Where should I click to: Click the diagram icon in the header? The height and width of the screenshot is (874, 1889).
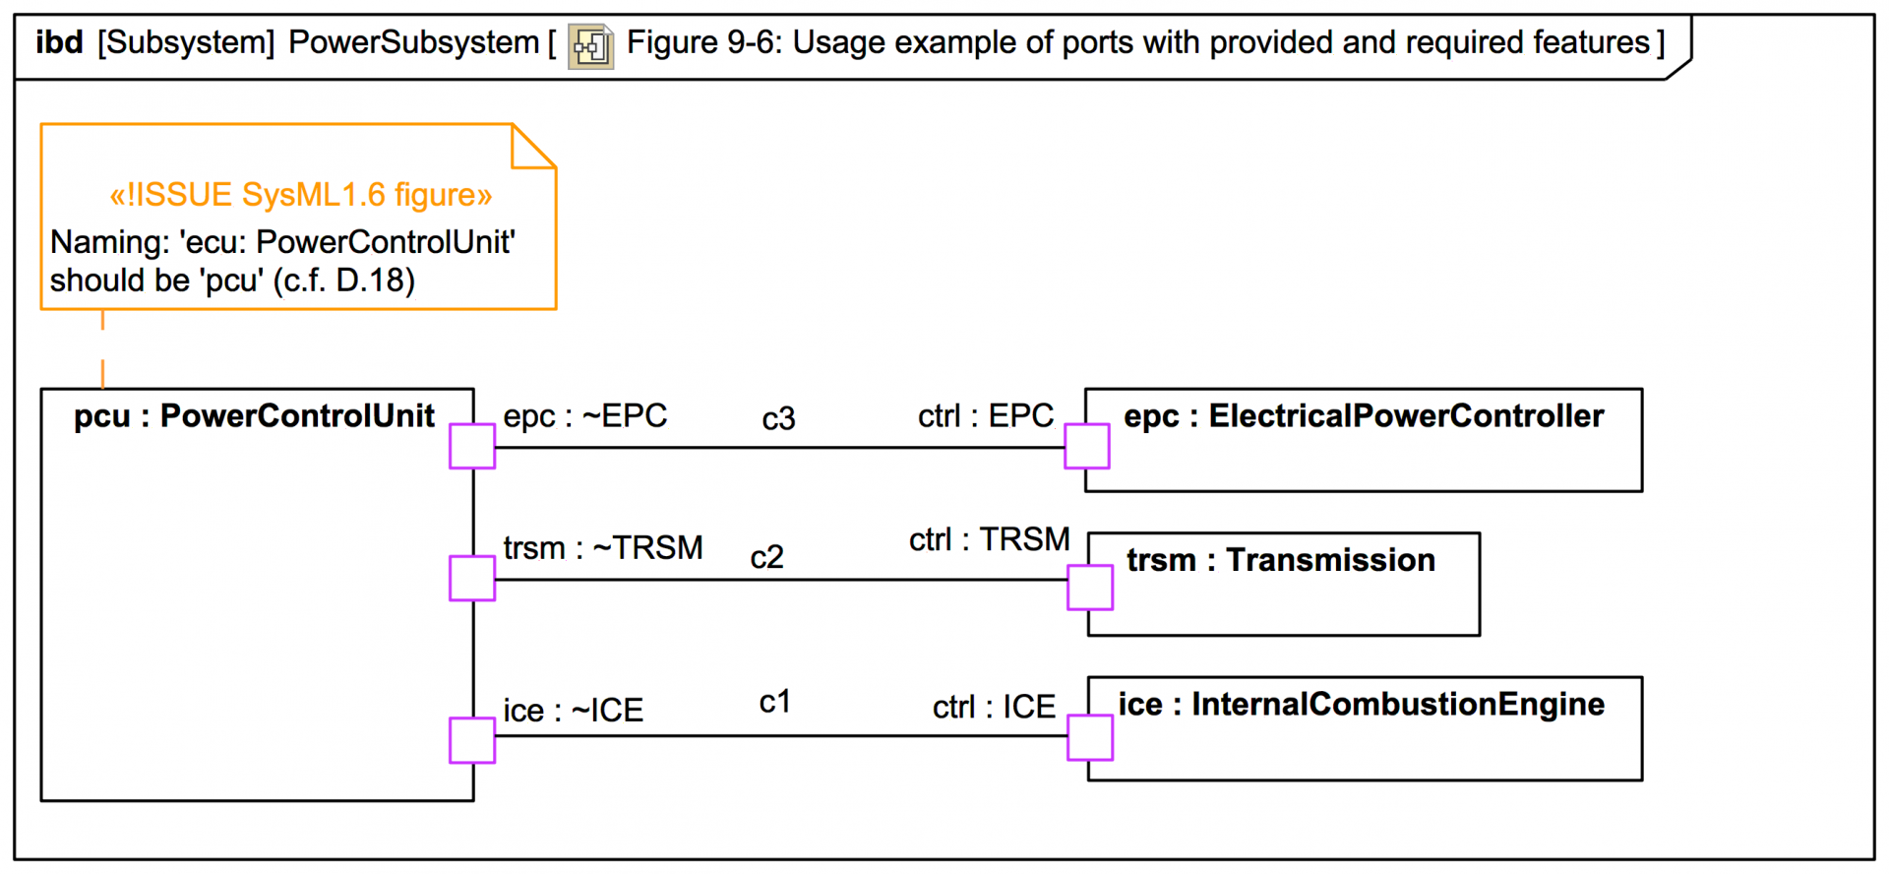click(591, 46)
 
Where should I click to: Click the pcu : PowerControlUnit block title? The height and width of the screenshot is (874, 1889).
click(254, 416)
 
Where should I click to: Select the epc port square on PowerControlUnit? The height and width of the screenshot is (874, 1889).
click(472, 447)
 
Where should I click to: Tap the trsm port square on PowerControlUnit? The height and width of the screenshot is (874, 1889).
click(472, 578)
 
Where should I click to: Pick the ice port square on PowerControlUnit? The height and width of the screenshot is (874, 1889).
click(472, 740)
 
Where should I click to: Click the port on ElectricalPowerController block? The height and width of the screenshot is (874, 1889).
click(1087, 446)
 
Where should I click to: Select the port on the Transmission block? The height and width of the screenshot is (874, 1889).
click(1090, 588)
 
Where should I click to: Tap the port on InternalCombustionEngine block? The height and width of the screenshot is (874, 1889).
click(1090, 738)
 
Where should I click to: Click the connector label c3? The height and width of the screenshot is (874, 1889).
click(778, 420)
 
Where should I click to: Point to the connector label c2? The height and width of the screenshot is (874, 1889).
click(766, 558)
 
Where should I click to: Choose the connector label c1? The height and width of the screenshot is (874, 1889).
click(774, 702)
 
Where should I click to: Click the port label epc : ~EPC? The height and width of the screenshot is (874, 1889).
click(584, 416)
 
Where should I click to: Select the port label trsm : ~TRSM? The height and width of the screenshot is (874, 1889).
click(602, 548)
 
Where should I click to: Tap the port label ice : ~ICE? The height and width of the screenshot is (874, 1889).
click(573, 711)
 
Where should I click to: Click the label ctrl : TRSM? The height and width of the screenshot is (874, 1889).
click(989, 540)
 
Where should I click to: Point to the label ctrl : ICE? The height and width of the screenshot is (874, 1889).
click(994, 708)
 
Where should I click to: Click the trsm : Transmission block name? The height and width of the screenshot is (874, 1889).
click(1280, 561)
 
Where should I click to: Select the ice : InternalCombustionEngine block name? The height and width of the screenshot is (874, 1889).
click(1361, 705)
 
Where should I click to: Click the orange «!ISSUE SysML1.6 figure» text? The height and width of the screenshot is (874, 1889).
click(300, 195)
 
